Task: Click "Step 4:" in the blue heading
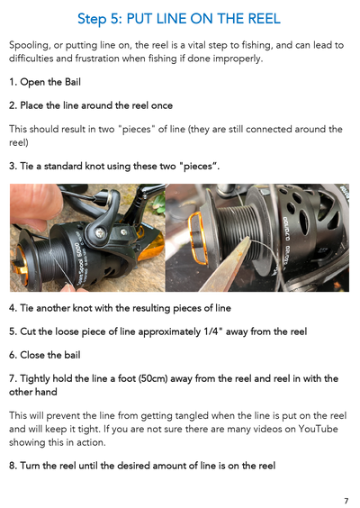tap(94, 18)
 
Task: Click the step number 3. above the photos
tap(10, 166)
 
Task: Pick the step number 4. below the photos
tap(10, 308)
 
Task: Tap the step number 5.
tap(10, 331)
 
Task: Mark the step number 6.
tap(10, 353)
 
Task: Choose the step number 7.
tap(10, 376)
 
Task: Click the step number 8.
tap(10, 464)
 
